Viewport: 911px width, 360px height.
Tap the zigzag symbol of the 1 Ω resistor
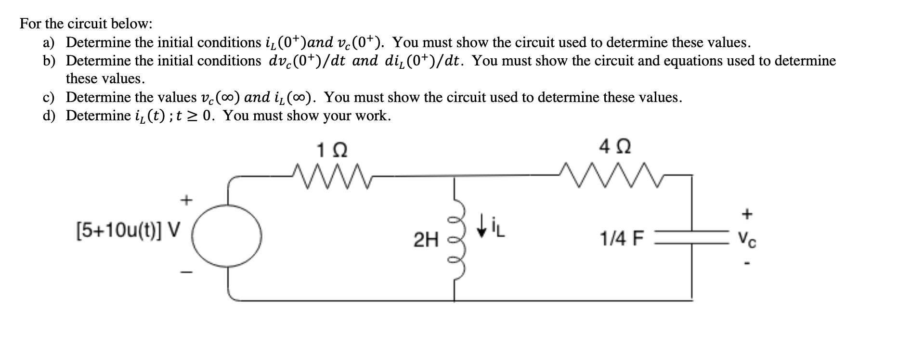click(332, 175)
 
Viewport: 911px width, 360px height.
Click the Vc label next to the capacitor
click(748, 238)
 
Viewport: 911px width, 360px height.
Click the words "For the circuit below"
click(86, 23)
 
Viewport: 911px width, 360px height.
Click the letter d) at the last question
click(49, 116)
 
